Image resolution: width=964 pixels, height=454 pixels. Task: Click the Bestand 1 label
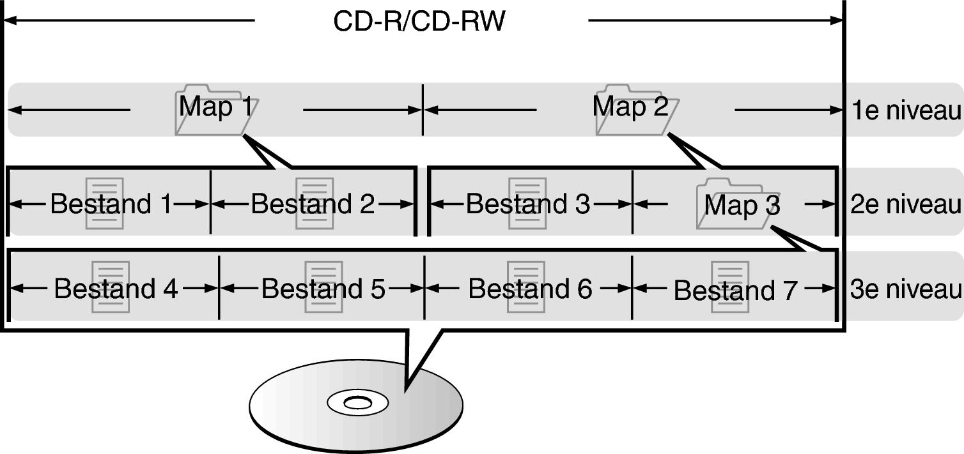(x=111, y=204)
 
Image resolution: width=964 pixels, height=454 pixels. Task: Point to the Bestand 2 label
(x=313, y=204)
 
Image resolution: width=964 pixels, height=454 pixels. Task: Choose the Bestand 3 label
(x=528, y=204)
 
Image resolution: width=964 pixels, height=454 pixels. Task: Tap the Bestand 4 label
(x=115, y=289)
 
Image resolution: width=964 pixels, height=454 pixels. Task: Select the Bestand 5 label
(x=323, y=289)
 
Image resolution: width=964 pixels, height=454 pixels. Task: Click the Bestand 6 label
(x=530, y=289)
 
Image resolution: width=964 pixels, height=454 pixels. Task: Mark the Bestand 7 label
(x=735, y=291)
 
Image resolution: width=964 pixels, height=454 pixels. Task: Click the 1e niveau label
(x=906, y=111)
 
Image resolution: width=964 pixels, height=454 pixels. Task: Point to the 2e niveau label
(x=906, y=204)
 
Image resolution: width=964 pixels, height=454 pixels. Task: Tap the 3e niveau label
(x=906, y=289)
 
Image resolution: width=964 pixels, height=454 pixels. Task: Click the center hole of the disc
(x=357, y=403)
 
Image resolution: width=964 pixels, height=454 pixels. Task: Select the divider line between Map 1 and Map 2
(x=423, y=109)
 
